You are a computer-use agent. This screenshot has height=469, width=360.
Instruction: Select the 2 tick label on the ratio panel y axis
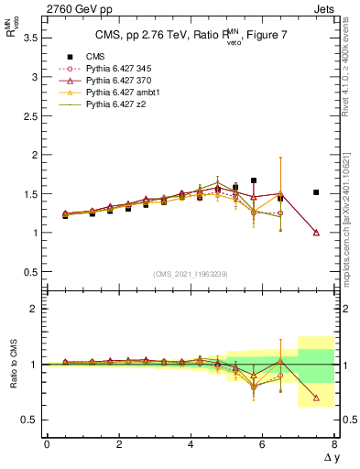(35, 310)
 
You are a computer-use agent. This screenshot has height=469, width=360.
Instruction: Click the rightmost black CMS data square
(316, 192)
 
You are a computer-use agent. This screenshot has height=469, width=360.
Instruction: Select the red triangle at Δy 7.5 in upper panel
(316, 233)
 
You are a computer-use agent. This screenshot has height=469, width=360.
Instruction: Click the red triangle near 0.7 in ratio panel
(316, 398)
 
